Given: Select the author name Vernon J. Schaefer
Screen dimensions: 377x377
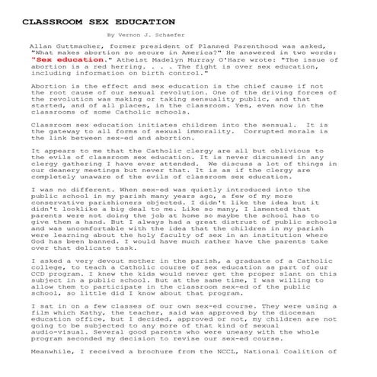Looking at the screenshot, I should [x=150, y=34].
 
